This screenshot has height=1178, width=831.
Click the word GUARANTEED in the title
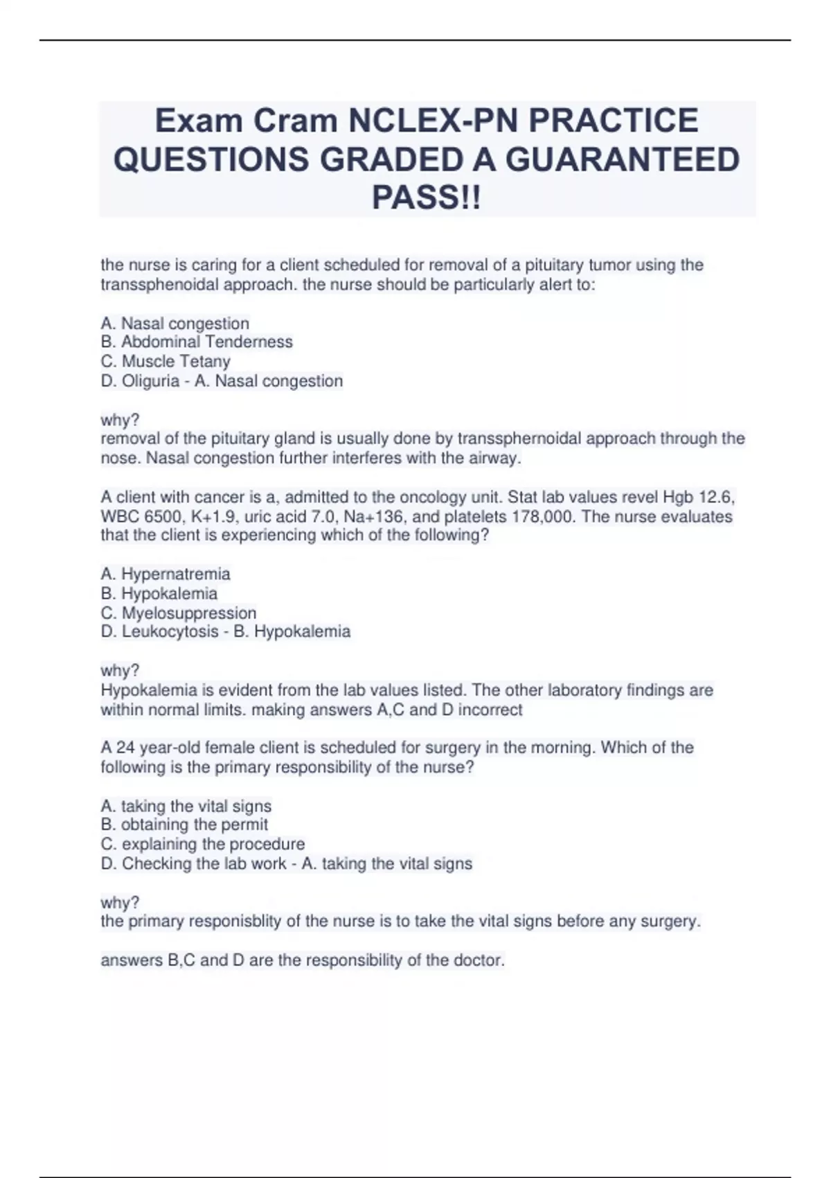(x=622, y=159)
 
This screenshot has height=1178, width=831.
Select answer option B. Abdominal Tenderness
(x=197, y=342)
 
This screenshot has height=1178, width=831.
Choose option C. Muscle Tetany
(x=166, y=361)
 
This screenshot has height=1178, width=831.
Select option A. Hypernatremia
(x=166, y=574)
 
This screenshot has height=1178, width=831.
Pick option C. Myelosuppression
(x=179, y=613)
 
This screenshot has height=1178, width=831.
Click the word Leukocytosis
(x=170, y=631)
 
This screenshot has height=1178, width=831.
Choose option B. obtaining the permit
(x=184, y=825)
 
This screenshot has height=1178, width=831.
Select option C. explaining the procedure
(x=203, y=844)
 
